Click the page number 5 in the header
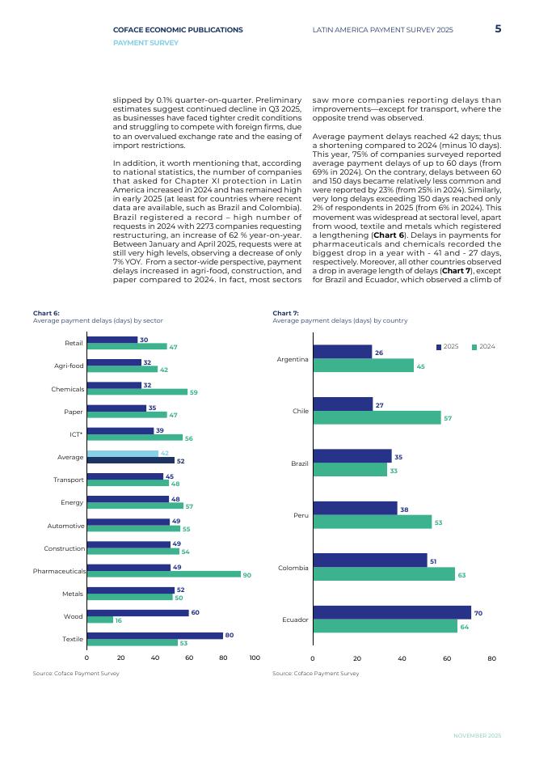pos(498,29)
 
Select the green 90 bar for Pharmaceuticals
pos(163,574)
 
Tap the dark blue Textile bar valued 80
pos(154,636)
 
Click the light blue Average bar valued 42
pos(122,454)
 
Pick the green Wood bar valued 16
pos(99,620)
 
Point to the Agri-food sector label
pos(70,366)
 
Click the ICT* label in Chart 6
pos(76,434)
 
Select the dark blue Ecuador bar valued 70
pos(391,613)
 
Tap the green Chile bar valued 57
pos(377,418)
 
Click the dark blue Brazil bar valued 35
pos(352,457)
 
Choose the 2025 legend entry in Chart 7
pos(447,346)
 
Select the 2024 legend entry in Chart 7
pos(482,346)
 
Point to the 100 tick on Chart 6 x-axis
pos(255,658)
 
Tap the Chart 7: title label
pos(285,313)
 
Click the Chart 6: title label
pos(46,313)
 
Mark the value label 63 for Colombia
pos(461,575)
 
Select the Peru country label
pos(300,515)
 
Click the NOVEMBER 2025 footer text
pos(477,735)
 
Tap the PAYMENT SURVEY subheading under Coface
pos(146,43)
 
